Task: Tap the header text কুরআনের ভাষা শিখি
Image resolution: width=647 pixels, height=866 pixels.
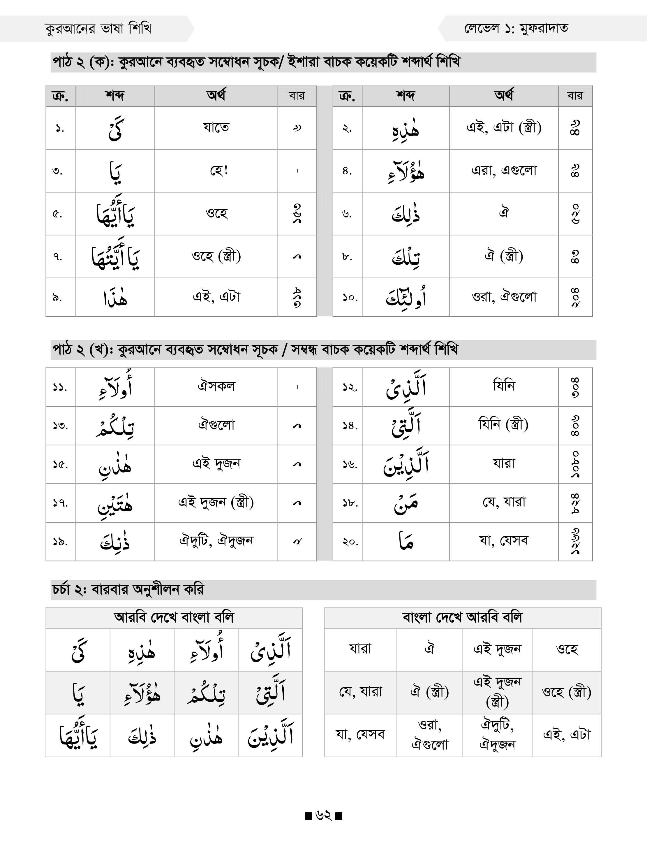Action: pyautogui.click(x=98, y=29)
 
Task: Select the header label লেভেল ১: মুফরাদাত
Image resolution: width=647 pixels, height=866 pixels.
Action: pyautogui.click(x=516, y=29)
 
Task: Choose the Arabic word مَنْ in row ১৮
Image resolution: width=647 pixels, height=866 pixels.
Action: pyautogui.click(x=406, y=503)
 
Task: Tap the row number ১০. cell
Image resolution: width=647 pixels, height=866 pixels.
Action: pyautogui.click(x=347, y=298)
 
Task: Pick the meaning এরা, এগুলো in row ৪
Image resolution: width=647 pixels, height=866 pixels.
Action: pyautogui.click(x=504, y=171)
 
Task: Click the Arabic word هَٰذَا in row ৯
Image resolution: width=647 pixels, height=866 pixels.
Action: pyautogui.click(x=115, y=298)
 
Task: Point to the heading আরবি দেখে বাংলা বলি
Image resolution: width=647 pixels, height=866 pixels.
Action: pyautogui.click(x=174, y=618)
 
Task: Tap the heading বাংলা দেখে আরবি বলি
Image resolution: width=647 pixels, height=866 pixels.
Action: pyautogui.click(x=462, y=618)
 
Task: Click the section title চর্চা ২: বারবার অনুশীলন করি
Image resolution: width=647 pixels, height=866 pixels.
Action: pyautogui.click(x=128, y=590)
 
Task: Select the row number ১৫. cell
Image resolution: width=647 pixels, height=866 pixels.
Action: pyautogui.click(x=60, y=464)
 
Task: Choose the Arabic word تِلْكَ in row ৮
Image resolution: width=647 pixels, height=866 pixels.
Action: pyautogui.click(x=406, y=257)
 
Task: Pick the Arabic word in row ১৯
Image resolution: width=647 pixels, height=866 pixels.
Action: pyautogui.click(x=115, y=542)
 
